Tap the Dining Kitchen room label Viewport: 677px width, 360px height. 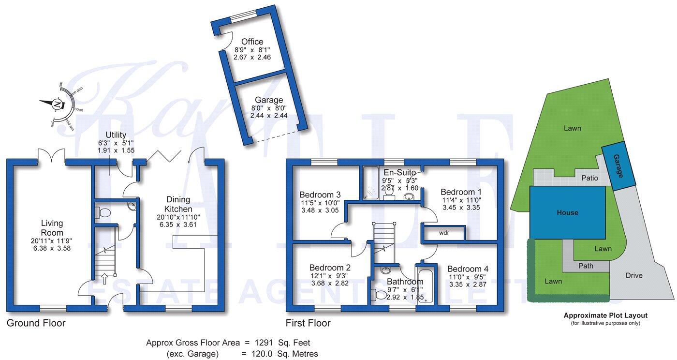pyautogui.click(x=178, y=204)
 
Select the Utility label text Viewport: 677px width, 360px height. pyautogui.click(x=116, y=135)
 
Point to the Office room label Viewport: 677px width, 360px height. pyautogui.click(x=252, y=42)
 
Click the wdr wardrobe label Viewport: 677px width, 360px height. pyautogui.click(x=444, y=233)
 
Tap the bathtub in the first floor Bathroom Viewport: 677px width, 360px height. pyautogui.click(x=426, y=285)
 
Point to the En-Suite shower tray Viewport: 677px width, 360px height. pyautogui.click(x=371, y=183)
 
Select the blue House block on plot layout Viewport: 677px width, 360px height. pyautogui.click(x=567, y=212)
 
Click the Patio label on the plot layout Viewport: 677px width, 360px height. pyautogui.click(x=589, y=178)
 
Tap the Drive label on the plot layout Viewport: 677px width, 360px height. pyautogui.click(x=633, y=275)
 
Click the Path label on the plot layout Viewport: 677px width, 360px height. pyautogui.click(x=586, y=266)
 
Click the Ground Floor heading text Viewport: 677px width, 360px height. pyautogui.click(x=36, y=323)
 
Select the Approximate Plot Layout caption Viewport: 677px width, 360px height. pyautogui.click(x=605, y=315)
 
